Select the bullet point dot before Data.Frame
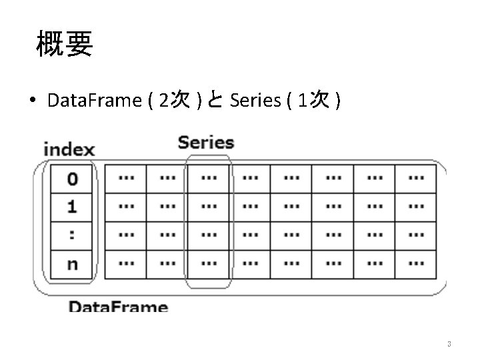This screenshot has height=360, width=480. point(32,101)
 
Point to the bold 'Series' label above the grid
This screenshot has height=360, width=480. point(206,143)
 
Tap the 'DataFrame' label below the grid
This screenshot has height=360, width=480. point(118,307)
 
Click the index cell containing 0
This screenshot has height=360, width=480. point(71,179)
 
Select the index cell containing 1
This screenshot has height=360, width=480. point(71,207)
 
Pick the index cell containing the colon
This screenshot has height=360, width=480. point(71,235)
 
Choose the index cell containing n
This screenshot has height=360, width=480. point(71,263)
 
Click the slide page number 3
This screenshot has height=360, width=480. point(449,345)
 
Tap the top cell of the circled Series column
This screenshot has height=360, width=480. point(208,179)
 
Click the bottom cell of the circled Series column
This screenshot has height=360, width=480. point(208,263)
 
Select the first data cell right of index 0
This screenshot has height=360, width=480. point(125,179)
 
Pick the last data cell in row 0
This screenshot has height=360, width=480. point(415,179)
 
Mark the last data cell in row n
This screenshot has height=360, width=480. point(415,263)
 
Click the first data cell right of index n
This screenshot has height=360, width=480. point(125,263)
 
